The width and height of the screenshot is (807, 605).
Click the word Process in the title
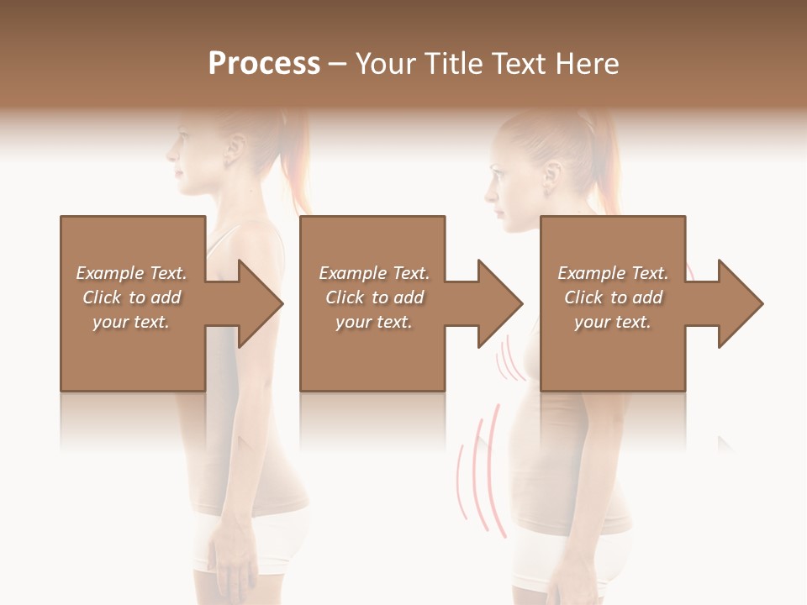tap(264, 64)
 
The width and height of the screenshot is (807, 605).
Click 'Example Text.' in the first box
tap(131, 273)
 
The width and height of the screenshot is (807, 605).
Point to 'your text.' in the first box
tap(131, 322)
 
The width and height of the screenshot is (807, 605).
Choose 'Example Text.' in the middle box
tap(374, 273)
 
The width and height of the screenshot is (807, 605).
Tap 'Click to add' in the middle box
tap(374, 297)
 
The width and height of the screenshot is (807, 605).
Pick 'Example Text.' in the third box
tap(613, 273)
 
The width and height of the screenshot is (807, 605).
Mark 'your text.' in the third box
tap(613, 322)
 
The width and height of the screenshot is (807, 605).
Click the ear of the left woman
tap(233, 151)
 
